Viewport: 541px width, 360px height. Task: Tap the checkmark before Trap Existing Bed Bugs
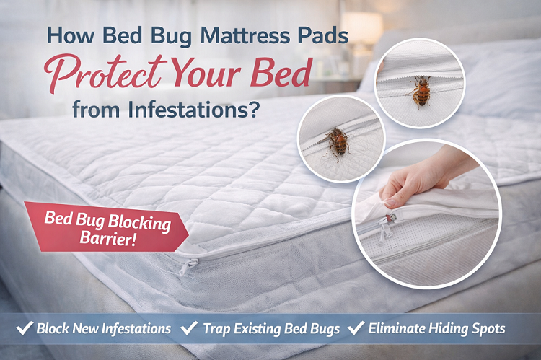pyautogui.click(x=190, y=328)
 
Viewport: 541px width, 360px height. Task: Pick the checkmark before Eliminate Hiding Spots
pyautogui.click(x=356, y=328)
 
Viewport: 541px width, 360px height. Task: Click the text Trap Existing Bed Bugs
pyautogui.click(x=271, y=329)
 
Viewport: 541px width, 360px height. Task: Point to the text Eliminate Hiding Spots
pyautogui.click(x=437, y=329)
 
